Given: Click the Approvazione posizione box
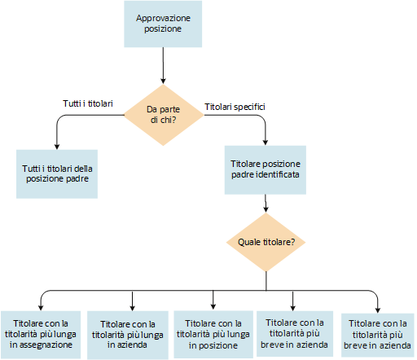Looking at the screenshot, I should (x=164, y=23).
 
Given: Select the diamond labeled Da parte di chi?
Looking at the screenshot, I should (x=164, y=115).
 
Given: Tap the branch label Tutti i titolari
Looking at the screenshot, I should (x=88, y=104).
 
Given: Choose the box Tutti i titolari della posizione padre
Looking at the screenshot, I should (x=57, y=173).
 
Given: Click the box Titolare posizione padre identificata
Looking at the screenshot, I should (x=266, y=169).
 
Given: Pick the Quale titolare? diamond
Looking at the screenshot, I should (x=266, y=242).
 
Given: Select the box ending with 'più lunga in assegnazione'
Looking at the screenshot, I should (x=41, y=333).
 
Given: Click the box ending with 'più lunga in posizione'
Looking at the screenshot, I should (x=213, y=333).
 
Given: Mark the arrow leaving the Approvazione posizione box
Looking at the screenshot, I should (x=164, y=65).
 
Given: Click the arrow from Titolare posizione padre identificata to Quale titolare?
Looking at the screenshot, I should (x=266, y=204).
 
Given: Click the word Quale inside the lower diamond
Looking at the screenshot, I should (x=249, y=242).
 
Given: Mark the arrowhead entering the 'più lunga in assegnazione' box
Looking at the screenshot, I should (x=42, y=307).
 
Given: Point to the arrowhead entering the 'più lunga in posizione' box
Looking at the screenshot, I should (x=213, y=307).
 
